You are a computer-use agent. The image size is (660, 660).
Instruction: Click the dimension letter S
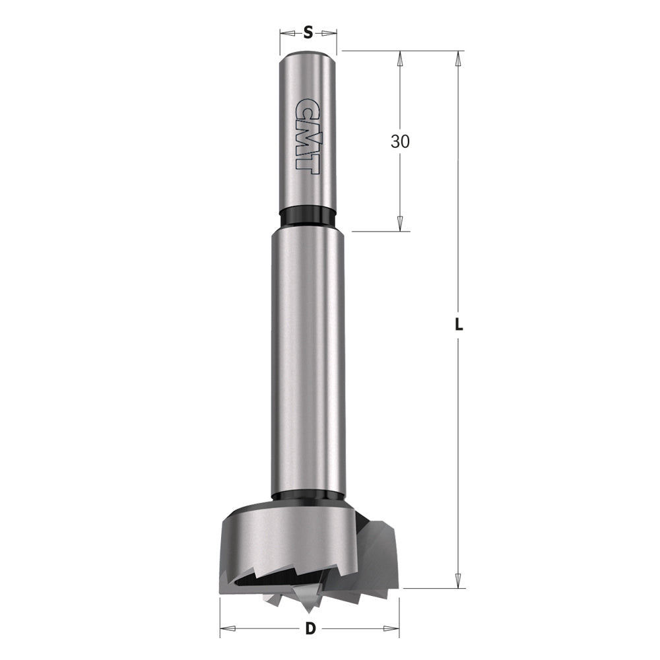tap(308, 32)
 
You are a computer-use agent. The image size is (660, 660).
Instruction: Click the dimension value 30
tap(400, 141)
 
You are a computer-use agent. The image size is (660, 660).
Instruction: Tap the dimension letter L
tap(459, 325)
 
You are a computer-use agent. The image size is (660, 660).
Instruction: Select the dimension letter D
tap(310, 629)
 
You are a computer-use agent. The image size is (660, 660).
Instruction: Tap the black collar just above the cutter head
tap(308, 497)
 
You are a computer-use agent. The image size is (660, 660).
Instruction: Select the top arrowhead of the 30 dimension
tap(400, 57)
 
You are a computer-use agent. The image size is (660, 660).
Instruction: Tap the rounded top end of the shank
tap(308, 55)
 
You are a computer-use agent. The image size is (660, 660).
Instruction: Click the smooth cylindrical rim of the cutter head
tap(284, 538)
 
